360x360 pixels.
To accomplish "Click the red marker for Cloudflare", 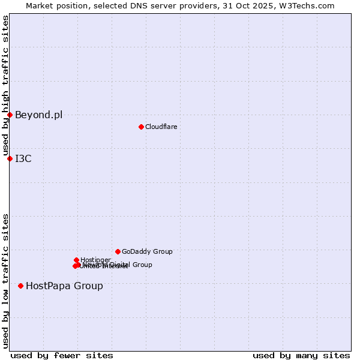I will [x=141, y=127].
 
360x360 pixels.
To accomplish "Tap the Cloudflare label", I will [x=161, y=127].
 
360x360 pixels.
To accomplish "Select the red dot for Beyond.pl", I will [x=10, y=115].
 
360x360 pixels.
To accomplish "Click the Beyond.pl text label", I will [x=38, y=115].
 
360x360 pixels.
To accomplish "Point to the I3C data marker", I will [x=10, y=158].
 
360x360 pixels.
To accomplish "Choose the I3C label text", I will [x=23, y=159].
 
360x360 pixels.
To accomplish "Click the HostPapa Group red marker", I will [x=21, y=286].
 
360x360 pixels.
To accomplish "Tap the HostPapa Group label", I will [x=64, y=286].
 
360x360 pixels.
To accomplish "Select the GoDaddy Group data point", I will [x=118, y=251].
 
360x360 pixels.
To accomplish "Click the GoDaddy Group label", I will [x=147, y=252].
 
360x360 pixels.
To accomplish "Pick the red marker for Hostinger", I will [x=76, y=260].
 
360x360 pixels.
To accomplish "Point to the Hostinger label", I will [x=95, y=260].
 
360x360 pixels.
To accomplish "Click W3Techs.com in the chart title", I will [x=307, y=5].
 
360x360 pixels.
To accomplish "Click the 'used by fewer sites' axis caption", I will [x=62, y=355].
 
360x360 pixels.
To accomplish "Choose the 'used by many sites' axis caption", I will [x=301, y=355].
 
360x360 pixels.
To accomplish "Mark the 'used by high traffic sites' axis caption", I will [x=5, y=86].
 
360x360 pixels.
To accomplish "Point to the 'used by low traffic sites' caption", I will [x=5, y=281].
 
